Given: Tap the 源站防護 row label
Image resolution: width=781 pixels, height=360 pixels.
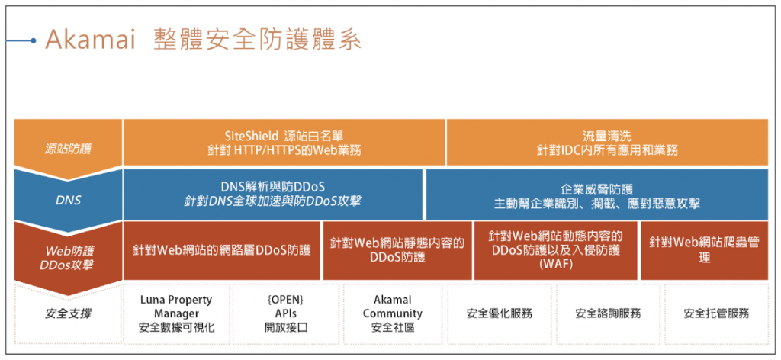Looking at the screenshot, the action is (x=66, y=143).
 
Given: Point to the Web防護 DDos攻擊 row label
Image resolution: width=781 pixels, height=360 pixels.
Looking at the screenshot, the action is (x=66, y=251).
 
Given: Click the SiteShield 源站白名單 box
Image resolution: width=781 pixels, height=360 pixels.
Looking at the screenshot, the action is (x=283, y=142).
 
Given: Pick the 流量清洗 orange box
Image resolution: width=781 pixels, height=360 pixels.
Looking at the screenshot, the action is (x=606, y=142).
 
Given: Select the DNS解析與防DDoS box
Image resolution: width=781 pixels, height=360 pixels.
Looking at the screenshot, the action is (x=272, y=194).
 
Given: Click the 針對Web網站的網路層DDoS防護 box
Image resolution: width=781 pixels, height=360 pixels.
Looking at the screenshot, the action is (x=221, y=250).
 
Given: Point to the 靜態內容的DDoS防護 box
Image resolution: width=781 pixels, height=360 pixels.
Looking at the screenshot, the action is (x=397, y=250).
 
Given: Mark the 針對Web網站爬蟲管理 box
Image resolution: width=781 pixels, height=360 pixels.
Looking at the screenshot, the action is (x=703, y=250).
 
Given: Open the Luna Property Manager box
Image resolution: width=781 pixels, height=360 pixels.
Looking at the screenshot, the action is (x=176, y=313).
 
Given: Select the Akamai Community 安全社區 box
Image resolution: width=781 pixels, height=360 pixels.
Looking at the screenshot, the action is (x=392, y=313).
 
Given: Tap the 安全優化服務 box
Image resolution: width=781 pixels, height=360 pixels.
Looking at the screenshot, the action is (x=499, y=313).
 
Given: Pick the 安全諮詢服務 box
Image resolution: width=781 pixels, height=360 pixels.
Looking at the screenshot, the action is (x=608, y=313).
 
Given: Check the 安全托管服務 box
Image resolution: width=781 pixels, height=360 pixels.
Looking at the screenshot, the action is (x=716, y=313).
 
